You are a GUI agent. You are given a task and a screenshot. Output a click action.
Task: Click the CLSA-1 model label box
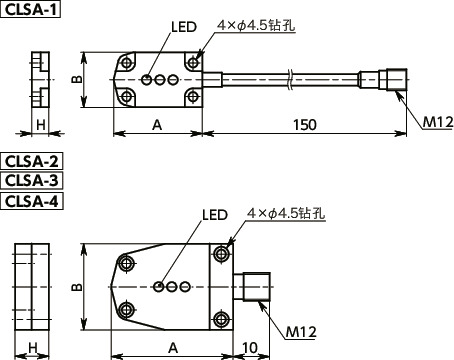[31, 9]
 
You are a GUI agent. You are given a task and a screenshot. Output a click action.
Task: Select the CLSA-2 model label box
[31, 161]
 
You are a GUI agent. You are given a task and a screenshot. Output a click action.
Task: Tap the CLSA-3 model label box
[31, 181]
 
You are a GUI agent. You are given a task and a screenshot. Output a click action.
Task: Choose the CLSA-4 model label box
[31, 201]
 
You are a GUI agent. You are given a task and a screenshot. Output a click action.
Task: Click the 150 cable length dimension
[305, 125]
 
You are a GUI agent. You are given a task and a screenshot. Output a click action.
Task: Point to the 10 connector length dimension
[250, 348]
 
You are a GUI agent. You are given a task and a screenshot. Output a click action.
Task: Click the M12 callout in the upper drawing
[438, 122]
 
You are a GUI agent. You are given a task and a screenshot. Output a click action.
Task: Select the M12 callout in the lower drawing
[301, 332]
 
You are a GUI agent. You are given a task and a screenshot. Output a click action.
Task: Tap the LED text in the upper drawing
[184, 27]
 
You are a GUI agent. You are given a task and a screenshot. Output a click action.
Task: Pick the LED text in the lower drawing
[215, 215]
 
